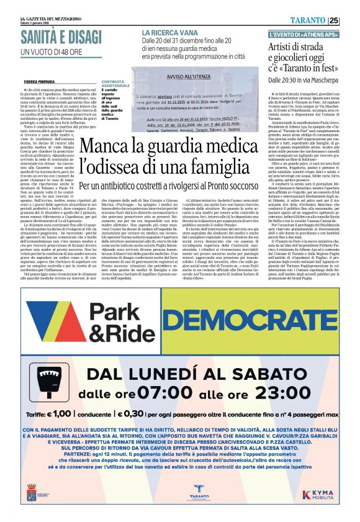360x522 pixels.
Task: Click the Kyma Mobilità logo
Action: [323, 494]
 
